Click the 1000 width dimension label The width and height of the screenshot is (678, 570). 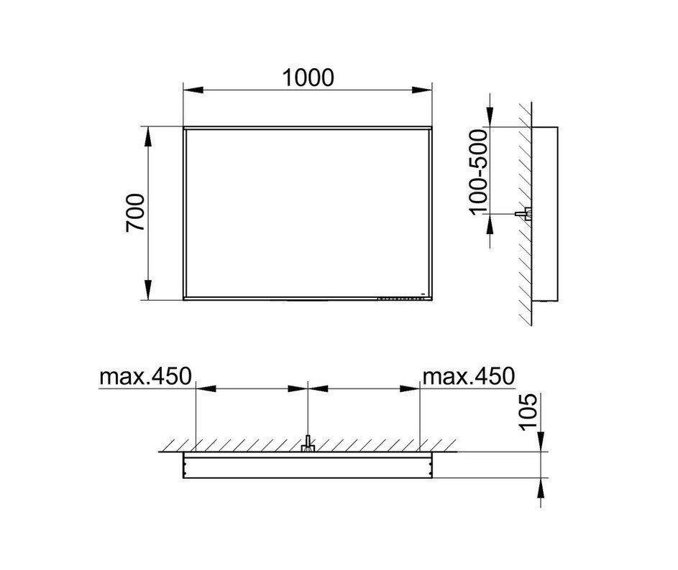tap(308, 78)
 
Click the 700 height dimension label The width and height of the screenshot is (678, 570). tap(135, 213)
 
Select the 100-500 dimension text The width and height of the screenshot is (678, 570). tap(478, 172)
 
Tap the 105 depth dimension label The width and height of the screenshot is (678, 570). tap(528, 411)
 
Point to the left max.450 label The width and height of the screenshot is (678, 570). tap(145, 376)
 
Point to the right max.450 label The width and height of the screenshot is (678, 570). tap(469, 376)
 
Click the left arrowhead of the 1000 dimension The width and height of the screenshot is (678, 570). tap(193, 90)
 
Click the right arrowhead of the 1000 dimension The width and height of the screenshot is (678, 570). tap(422, 90)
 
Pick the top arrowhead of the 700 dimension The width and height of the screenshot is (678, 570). tap(148, 137)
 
